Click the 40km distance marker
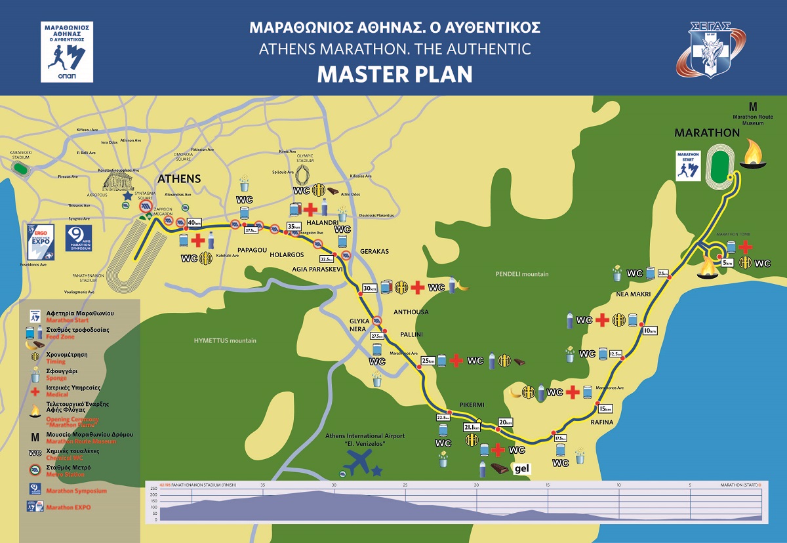point(193,222)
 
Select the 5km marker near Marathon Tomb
point(727,262)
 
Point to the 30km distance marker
point(369,288)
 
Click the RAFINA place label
point(601,422)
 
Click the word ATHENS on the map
point(178,178)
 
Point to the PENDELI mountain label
point(522,274)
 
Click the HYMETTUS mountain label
point(225,340)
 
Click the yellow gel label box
point(522,468)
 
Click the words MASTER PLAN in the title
point(394,74)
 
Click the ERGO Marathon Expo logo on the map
point(39,239)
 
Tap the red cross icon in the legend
point(34,392)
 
